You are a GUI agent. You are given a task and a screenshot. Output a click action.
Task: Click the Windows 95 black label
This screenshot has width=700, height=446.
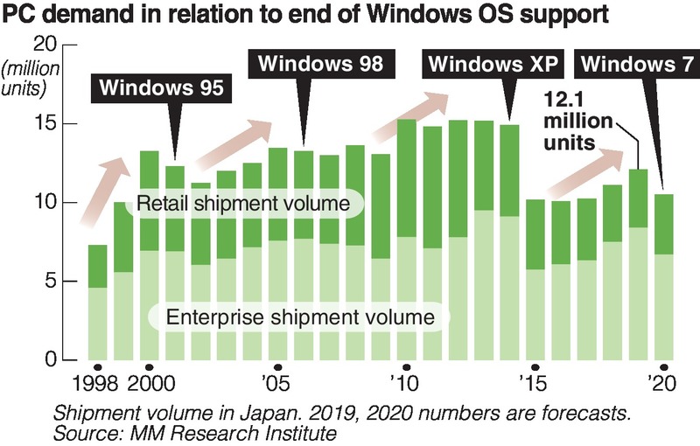(164, 88)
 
